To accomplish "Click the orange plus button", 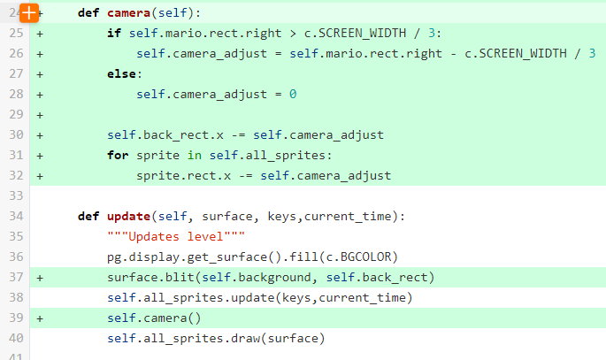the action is coord(28,12).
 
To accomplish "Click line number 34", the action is coord(14,216).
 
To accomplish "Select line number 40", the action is coord(14,338).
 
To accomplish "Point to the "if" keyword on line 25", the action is coord(114,34).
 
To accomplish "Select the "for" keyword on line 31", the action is coord(118,155).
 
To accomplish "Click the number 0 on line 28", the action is coord(292,95).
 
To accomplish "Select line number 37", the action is coord(14,277).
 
